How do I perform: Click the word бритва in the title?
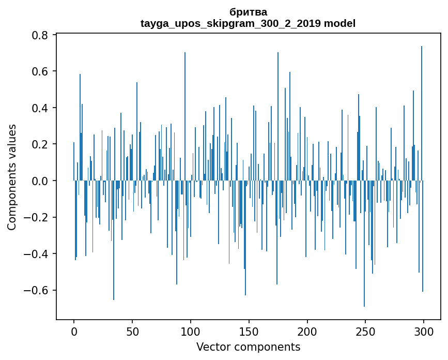coord(248,12)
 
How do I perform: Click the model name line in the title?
coord(248,23)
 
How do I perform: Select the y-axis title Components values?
coord(12,177)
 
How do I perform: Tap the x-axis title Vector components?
coord(248,347)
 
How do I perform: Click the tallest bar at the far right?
coord(422,114)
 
